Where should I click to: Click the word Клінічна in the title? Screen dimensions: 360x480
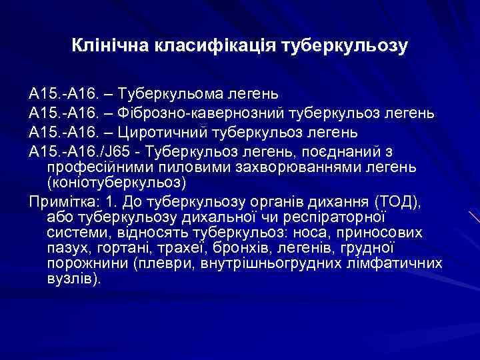[111, 47]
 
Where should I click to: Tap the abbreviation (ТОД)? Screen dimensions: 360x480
[399, 201]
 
